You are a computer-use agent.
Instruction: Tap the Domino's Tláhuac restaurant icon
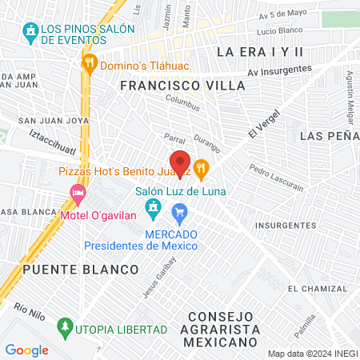click(89, 62)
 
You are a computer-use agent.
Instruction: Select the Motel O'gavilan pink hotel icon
click(78, 193)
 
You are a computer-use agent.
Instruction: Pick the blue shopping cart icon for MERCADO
click(179, 212)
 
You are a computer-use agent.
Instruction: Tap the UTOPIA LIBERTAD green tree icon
click(64, 328)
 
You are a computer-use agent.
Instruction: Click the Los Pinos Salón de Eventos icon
click(31, 32)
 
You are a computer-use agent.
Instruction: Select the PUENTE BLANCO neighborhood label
click(63, 270)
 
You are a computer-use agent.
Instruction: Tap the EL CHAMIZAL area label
click(318, 289)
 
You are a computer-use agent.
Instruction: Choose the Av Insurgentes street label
click(279, 70)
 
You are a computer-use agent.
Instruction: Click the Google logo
click(26, 350)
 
